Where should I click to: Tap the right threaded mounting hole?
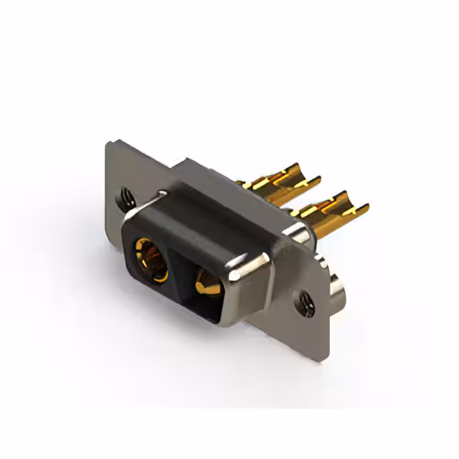[x=306, y=303]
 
